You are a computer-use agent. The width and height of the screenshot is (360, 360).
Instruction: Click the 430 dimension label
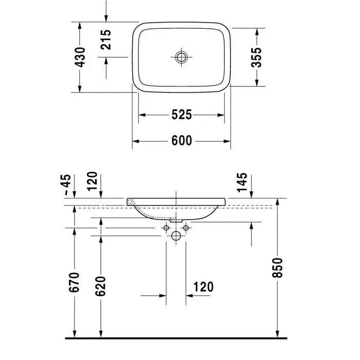tap(80, 57)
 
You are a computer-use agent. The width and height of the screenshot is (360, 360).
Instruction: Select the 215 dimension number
tap(106, 40)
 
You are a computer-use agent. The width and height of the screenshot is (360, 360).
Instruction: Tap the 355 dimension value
tap(256, 57)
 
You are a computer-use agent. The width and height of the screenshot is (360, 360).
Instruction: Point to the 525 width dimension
tap(182, 115)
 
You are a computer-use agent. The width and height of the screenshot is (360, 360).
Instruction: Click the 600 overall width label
tap(182, 140)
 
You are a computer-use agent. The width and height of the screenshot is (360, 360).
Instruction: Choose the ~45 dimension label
tap(68, 185)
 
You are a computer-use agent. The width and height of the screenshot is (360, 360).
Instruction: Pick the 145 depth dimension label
tap(242, 182)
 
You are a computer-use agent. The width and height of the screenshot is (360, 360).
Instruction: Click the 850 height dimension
tap(277, 267)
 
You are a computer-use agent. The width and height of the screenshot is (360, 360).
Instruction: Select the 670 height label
tap(74, 282)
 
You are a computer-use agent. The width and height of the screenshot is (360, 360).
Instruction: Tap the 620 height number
tap(100, 286)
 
